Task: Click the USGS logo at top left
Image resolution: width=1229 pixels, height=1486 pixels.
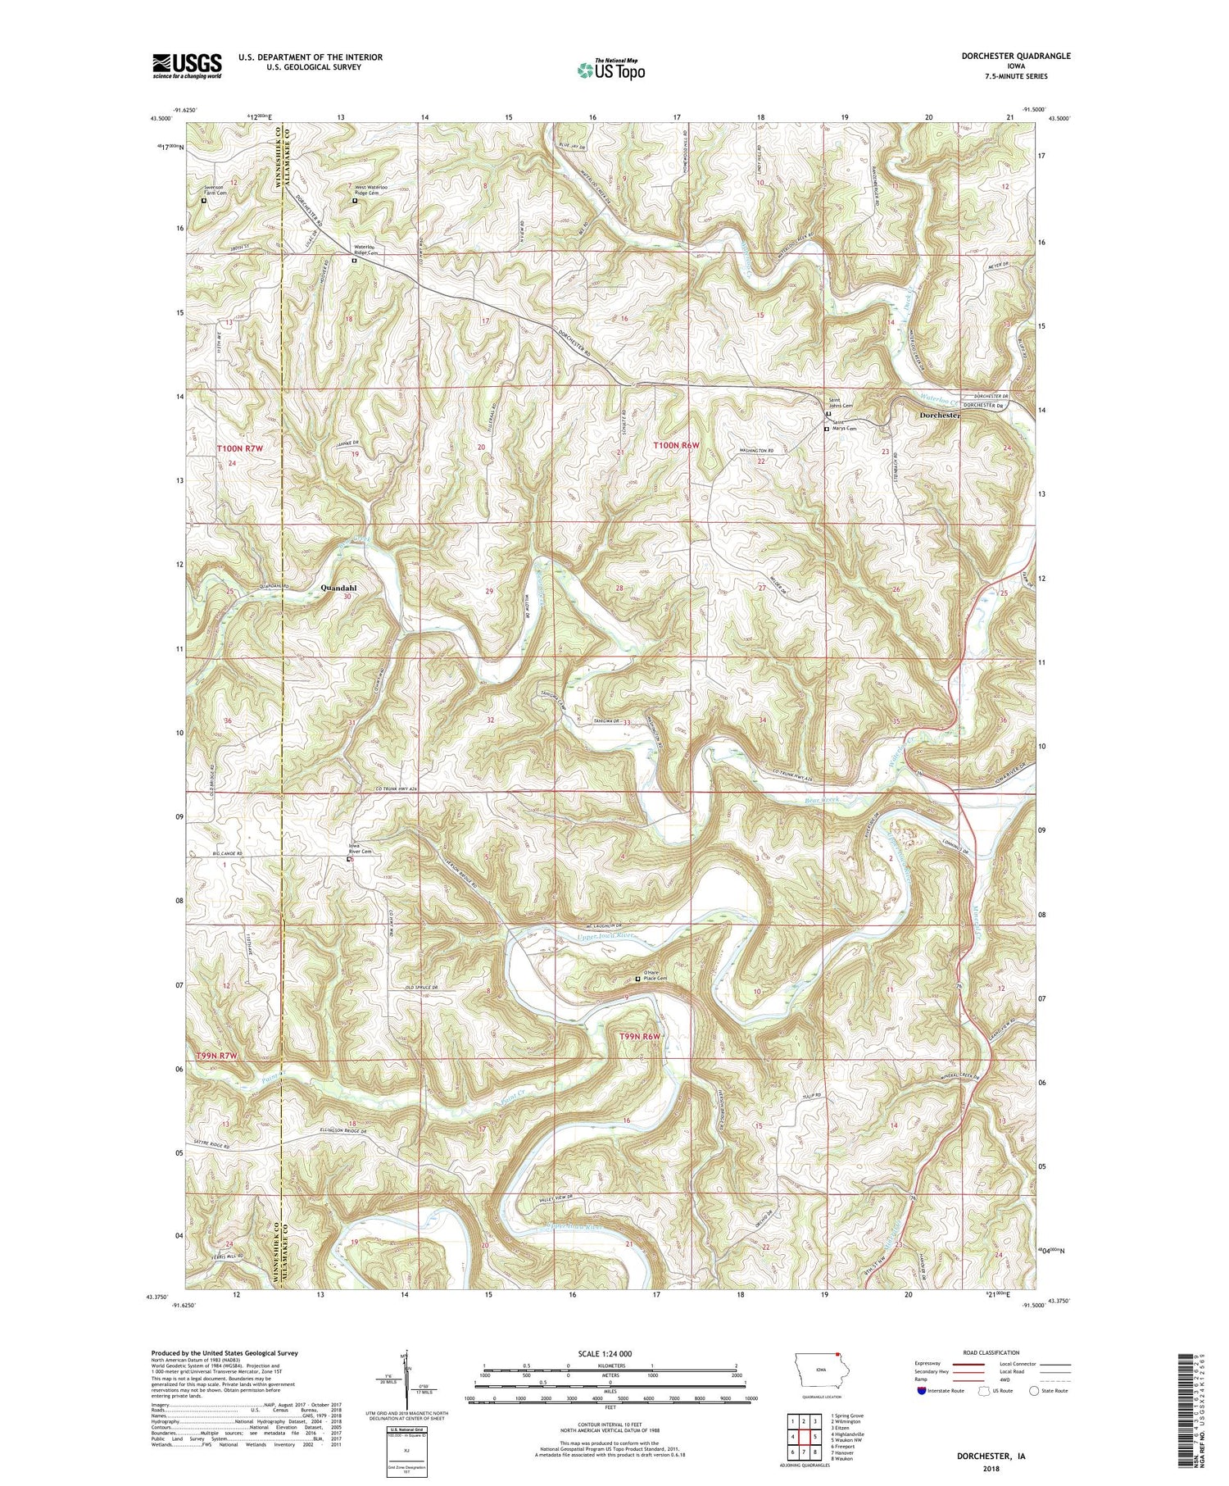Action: click(187, 66)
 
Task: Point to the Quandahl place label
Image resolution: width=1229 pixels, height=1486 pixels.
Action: click(339, 588)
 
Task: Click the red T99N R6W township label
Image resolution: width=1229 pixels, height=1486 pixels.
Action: click(639, 1037)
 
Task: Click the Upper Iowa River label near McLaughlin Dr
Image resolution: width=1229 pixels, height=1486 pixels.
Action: click(607, 934)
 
